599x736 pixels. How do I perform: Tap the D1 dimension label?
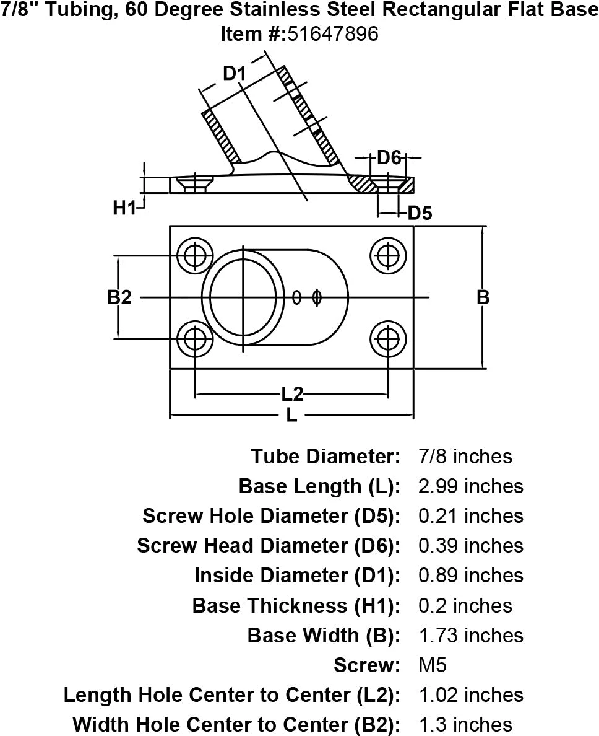pyautogui.click(x=235, y=74)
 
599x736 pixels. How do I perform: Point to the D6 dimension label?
pyautogui.click(x=389, y=158)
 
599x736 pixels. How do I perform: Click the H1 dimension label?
pyautogui.click(x=124, y=209)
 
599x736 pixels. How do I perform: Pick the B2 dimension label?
pyautogui.click(x=119, y=297)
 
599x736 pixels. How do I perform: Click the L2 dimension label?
pyautogui.click(x=292, y=393)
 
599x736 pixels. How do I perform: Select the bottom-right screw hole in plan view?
pyautogui.click(x=388, y=340)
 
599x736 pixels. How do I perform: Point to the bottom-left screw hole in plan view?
pyautogui.click(x=195, y=340)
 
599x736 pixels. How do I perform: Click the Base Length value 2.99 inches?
pyautogui.click(x=470, y=486)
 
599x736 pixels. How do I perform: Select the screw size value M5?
pyautogui.click(x=433, y=665)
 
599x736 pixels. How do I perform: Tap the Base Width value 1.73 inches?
pyautogui.click(x=470, y=636)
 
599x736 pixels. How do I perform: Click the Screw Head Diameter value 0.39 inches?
pyautogui.click(x=470, y=546)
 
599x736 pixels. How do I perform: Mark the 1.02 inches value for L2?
pyautogui.click(x=470, y=695)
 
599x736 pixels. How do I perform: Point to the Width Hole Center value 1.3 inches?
pyautogui.click(x=465, y=724)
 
